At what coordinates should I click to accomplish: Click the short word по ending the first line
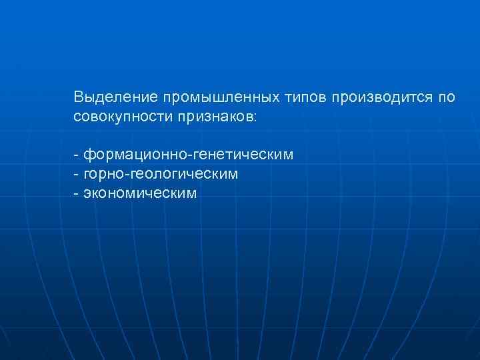(x=447, y=98)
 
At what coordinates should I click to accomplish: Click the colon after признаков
(x=253, y=118)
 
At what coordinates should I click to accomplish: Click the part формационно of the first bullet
(x=136, y=155)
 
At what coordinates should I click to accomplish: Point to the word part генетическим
(x=244, y=155)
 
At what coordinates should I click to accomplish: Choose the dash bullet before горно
(x=77, y=175)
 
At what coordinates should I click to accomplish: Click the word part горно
(x=101, y=175)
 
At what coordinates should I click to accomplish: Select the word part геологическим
(x=181, y=175)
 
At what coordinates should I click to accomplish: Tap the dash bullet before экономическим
(x=77, y=194)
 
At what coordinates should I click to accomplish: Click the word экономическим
(x=141, y=194)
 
